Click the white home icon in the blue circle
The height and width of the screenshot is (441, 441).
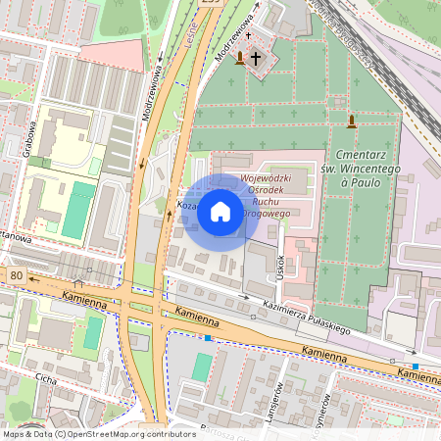[x=220, y=212]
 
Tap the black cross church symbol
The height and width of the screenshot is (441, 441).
[x=257, y=58]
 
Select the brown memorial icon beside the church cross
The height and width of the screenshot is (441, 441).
[x=240, y=59]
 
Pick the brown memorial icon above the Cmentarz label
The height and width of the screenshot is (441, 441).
[x=352, y=122]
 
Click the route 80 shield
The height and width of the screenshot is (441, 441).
[x=17, y=276]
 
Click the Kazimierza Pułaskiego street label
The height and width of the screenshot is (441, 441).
[x=307, y=318]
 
